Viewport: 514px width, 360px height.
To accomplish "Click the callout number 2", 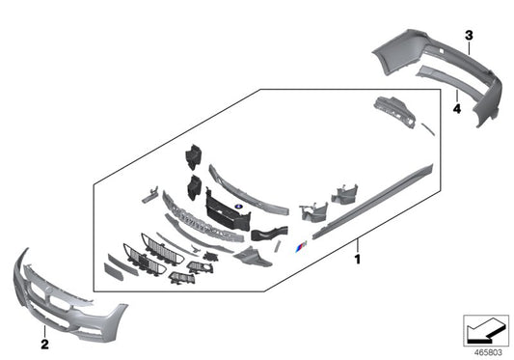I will coord(44,343).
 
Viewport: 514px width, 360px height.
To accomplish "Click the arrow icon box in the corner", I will coord(485,328).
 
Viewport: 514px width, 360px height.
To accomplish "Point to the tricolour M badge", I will coord(302,248).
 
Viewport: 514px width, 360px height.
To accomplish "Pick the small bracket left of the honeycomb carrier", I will coord(150,195).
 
